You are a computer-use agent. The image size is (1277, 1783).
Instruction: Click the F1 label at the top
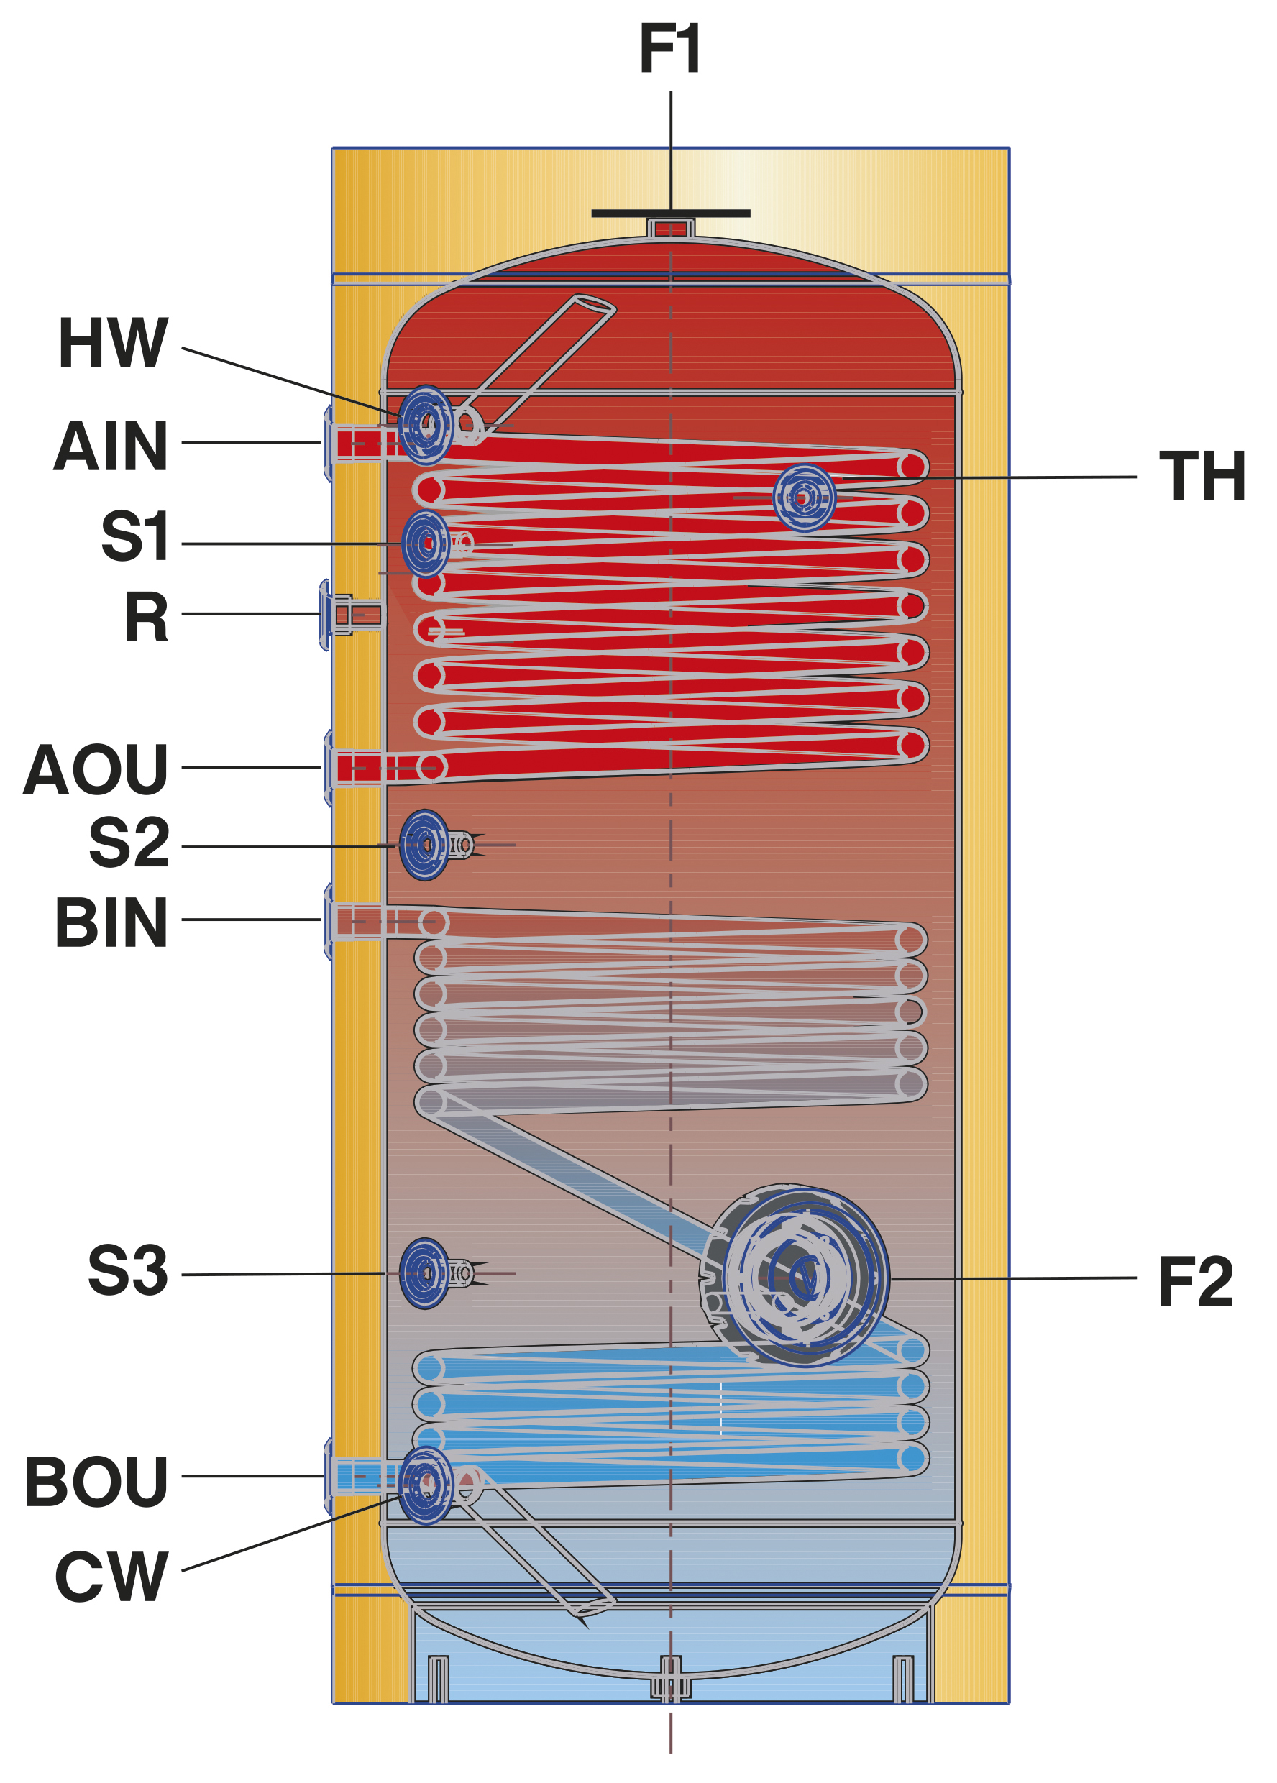point(669,49)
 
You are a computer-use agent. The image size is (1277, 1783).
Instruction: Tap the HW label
point(113,343)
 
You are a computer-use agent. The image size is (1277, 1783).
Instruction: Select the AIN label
point(111,446)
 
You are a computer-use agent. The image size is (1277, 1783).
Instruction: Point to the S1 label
point(135,536)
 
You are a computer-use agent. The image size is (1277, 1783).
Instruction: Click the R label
point(147,617)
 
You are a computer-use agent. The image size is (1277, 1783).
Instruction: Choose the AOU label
point(96,770)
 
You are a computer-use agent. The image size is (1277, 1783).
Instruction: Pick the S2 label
point(129,843)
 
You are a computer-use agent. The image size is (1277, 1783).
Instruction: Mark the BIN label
point(111,922)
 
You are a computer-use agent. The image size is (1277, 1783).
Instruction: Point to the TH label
point(1202,477)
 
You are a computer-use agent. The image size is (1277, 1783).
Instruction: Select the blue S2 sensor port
point(425,845)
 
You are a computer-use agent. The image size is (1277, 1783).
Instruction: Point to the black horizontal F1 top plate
point(670,213)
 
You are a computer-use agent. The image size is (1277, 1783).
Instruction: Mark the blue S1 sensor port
point(426,544)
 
